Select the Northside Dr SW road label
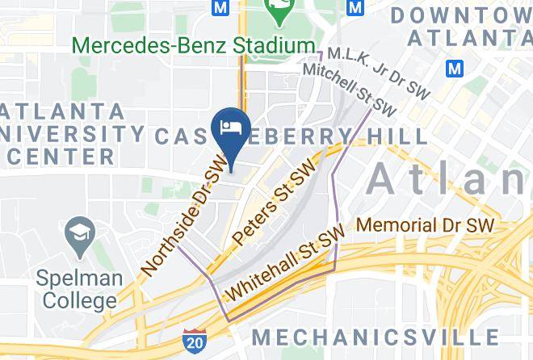click(x=185, y=219)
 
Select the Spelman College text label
click(x=79, y=290)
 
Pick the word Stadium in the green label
click(x=262, y=45)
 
